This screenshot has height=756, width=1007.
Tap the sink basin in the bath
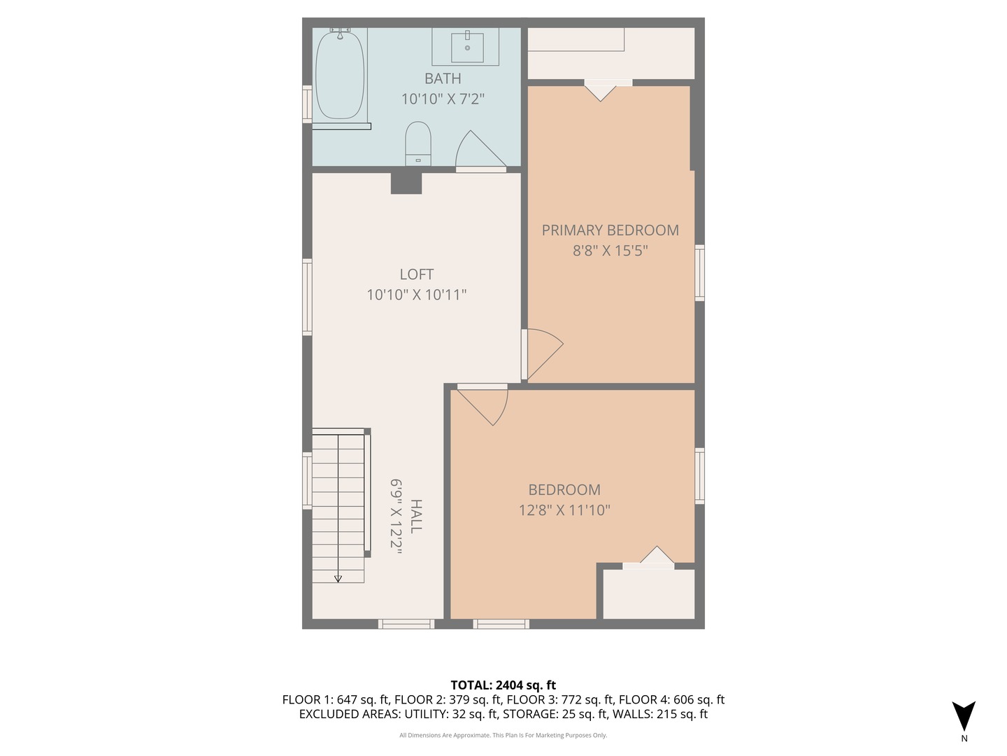point(466,48)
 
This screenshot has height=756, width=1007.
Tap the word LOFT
point(417,274)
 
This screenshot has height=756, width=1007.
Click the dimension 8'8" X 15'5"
point(610,251)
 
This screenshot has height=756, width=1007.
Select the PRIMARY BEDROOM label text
point(610,230)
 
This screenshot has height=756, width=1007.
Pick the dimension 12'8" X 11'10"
point(564,510)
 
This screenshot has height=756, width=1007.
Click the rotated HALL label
point(416,517)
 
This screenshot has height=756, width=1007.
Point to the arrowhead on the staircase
point(338,578)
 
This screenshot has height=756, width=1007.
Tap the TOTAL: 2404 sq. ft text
point(503,685)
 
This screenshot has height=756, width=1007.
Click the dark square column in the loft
point(406,183)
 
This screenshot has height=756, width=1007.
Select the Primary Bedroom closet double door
point(601,90)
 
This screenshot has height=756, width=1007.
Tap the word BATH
point(443,78)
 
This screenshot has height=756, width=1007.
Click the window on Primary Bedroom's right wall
point(699,273)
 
